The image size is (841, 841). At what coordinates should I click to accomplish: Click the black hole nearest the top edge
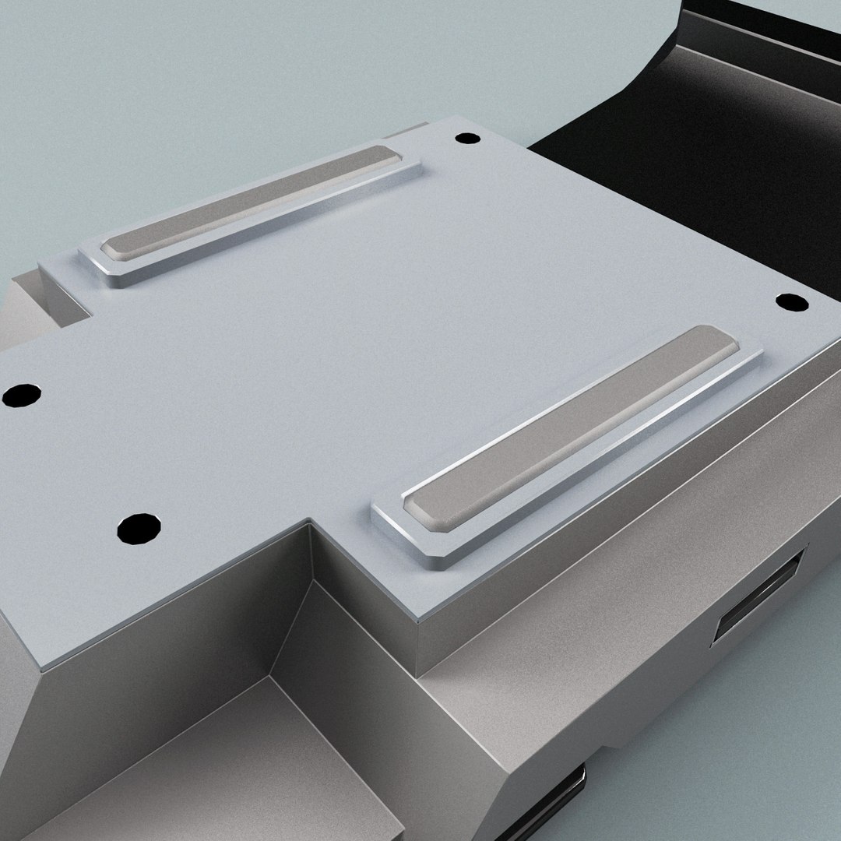467,139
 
